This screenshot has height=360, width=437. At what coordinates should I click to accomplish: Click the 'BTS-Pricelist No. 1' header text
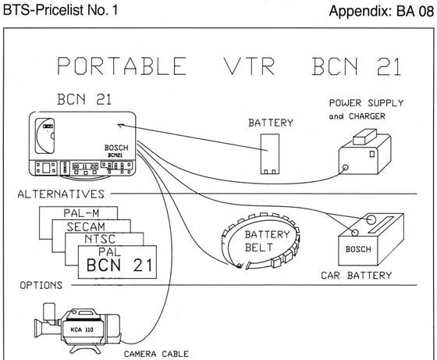(61, 10)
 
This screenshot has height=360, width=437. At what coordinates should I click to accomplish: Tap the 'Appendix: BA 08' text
(382, 12)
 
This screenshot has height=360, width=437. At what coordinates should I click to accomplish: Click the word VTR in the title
(250, 66)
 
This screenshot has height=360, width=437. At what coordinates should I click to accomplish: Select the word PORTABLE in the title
(122, 66)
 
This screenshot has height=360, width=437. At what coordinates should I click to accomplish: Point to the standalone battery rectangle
(270, 154)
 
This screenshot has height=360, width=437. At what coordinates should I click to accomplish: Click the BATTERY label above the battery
(271, 123)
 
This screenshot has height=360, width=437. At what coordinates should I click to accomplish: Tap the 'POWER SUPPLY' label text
(366, 103)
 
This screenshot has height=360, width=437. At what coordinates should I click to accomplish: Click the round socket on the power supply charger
(345, 168)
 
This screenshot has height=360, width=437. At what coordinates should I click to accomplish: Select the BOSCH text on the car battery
(358, 249)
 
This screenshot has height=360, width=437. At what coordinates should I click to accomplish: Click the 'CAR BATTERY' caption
(356, 276)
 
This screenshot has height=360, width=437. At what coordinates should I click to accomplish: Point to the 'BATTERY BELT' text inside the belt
(267, 241)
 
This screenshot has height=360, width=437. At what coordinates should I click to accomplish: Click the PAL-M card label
(81, 213)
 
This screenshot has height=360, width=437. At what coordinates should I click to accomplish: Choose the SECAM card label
(86, 226)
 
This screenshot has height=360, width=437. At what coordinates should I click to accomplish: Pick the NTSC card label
(100, 239)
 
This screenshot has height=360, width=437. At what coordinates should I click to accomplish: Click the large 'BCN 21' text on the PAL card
(119, 266)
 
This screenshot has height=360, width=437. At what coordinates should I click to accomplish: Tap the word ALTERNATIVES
(61, 194)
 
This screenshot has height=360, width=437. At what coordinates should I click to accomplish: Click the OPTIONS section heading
(41, 285)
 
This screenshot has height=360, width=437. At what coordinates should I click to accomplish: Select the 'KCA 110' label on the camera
(82, 330)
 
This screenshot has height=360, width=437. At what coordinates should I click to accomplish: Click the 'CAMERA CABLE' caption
(156, 354)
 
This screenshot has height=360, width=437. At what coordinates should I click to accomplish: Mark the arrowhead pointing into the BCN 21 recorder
(119, 126)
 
